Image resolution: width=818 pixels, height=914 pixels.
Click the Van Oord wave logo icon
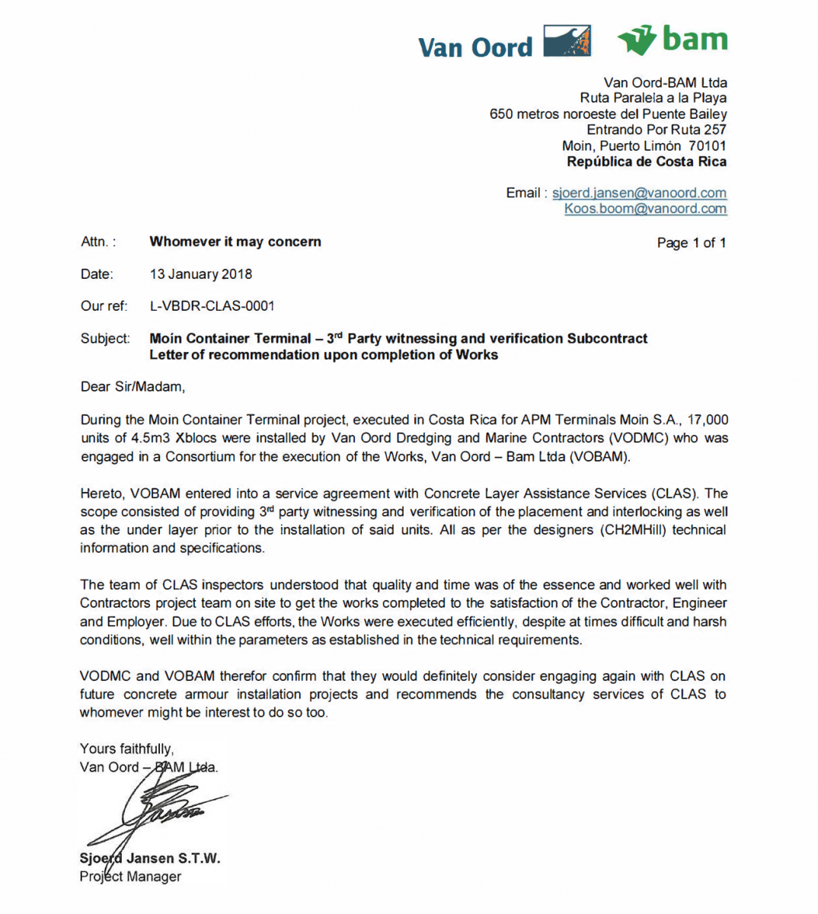click(x=567, y=41)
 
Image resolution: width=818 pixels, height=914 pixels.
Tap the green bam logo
click(x=673, y=40)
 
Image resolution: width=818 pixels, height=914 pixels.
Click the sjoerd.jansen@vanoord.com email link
click(x=639, y=193)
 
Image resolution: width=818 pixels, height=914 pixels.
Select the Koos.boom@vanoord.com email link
click(x=645, y=209)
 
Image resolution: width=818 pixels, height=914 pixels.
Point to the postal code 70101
click(x=707, y=145)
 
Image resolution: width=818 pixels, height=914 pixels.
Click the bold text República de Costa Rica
click(x=646, y=161)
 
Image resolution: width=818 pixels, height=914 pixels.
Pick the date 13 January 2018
click(x=201, y=274)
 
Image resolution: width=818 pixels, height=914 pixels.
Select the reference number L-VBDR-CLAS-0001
click(x=212, y=306)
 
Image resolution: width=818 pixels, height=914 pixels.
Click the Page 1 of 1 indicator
click(x=691, y=243)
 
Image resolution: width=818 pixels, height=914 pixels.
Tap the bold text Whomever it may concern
click(x=235, y=241)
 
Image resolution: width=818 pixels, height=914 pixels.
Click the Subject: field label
click(x=105, y=338)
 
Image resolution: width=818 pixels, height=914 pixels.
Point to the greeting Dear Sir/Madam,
click(x=133, y=387)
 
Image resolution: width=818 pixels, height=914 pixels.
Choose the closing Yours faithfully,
click(x=126, y=749)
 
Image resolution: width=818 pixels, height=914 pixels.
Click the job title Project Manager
click(x=130, y=877)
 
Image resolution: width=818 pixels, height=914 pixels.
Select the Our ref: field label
click(x=104, y=306)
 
